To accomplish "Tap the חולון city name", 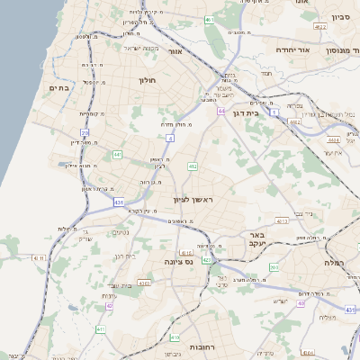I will tap(147, 81).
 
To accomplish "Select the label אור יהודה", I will tap(292, 50).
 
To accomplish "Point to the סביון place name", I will tap(339, 16).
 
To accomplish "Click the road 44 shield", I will tap(220, 112).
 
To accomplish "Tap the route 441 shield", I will tap(118, 155).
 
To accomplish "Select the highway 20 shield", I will tap(85, 133).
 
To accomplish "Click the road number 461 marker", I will tap(209, 19).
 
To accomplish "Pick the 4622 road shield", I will tap(283, 219).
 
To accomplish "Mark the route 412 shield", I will tap(193, 166).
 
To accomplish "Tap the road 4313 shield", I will tap(145, 283).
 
